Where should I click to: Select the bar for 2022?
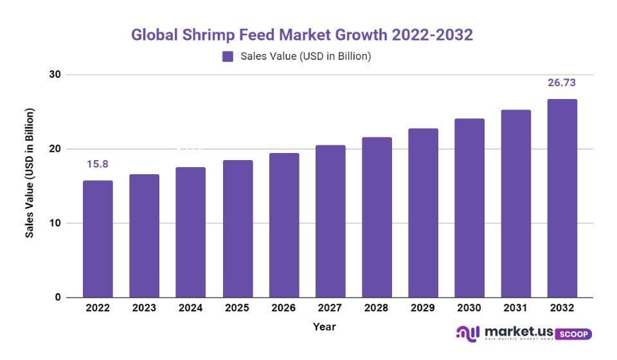pyautogui.click(x=98, y=239)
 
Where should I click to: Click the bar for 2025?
pyautogui.click(x=237, y=229)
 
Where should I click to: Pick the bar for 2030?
pyautogui.click(x=469, y=208)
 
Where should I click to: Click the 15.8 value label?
pyautogui.click(x=98, y=165)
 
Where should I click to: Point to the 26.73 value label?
pyautogui.click(x=562, y=83)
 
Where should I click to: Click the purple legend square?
pyautogui.click(x=228, y=57)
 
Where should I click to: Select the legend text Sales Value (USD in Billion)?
pyautogui.click(x=305, y=57)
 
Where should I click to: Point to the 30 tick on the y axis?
pyautogui.click(x=55, y=75)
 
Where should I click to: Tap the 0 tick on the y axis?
pyautogui.click(x=58, y=298)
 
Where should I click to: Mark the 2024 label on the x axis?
pyautogui.click(x=190, y=309)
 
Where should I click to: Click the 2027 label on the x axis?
pyautogui.click(x=330, y=309)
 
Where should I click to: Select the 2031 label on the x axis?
pyautogui.click(x=515, y=309)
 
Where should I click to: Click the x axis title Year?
pyautogui.click(x=325, y=327)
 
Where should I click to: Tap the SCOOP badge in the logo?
pyautogui.click(x=573, y=334)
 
